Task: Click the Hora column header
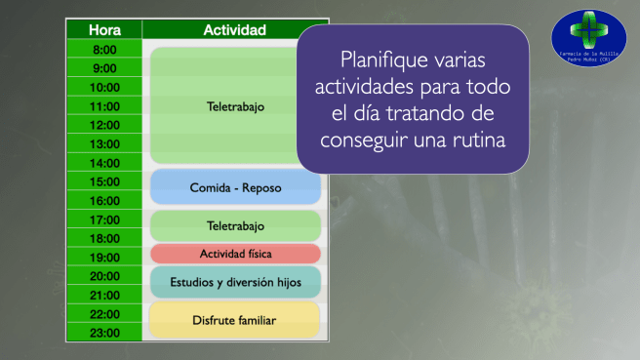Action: (x=104, y=29)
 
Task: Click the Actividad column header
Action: (x=234, y=29)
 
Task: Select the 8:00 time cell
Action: (x=104, y=49)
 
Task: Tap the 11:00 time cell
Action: (x=104, y=106)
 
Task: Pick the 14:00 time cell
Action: (x=104, y=163)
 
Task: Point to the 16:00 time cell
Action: (x=104, y=201)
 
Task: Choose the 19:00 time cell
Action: (x=104, y=258)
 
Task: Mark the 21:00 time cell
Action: (x=104, y=296)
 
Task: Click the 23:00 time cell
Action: (x=104, y=333)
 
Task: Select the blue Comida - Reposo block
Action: (x=235, y=186)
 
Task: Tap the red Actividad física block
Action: (x=235, y=254)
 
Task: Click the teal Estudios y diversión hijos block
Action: (x=235, y=282)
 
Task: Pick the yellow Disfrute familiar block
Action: (x=235, y=319)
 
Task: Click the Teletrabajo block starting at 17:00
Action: (x=235, y=225)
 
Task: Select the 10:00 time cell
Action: (x=104, y=87)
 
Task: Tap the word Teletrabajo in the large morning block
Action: (x=235, y=105)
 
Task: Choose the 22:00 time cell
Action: (x=104, y=314)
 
